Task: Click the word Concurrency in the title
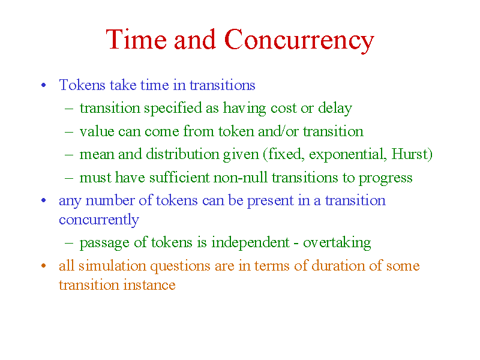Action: tap(299, 40)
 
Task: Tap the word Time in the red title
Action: tap(136, 39)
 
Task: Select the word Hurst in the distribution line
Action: tap(409, 154)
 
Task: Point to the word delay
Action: tap(335, 109)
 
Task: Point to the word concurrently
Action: tap(99, 220)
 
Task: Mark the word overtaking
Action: tap(337, 243)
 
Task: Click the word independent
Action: tap(250, 243)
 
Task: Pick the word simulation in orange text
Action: tap(112, 266)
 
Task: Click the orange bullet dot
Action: tap(43, 266)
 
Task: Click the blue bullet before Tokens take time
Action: tap(43, 85)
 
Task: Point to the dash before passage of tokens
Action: tap(69, 243)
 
